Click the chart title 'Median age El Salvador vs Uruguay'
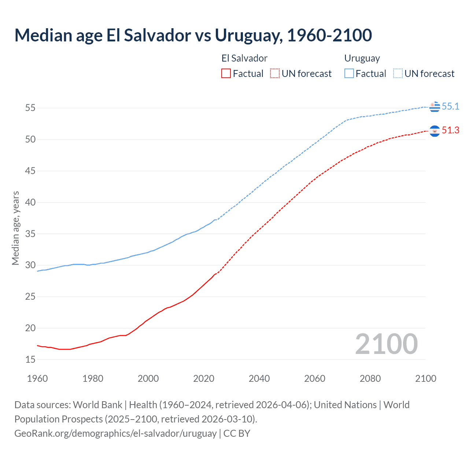(x=193, y=36)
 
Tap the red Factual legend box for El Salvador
(x=226, y=73)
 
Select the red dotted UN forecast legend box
(x=275, y=73)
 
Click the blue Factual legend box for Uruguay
(x=349, y=73)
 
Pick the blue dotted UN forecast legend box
(x=398, y=73)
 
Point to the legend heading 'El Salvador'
(x=244, y=58)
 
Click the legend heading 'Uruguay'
(x=362, y=58)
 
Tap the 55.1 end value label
(x=450, y=106)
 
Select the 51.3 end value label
(x=450, y=130)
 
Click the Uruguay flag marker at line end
(x=435, y=107)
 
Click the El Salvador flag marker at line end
(x=435, y=131)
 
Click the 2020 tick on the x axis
(x=204, y=378)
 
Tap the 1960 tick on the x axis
(x=37, y=378)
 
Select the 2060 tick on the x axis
(x=315, y=378)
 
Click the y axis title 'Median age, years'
(x=15, y=228)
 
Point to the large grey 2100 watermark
(x=386, y=344)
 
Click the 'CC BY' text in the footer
(x=237, y=433)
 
